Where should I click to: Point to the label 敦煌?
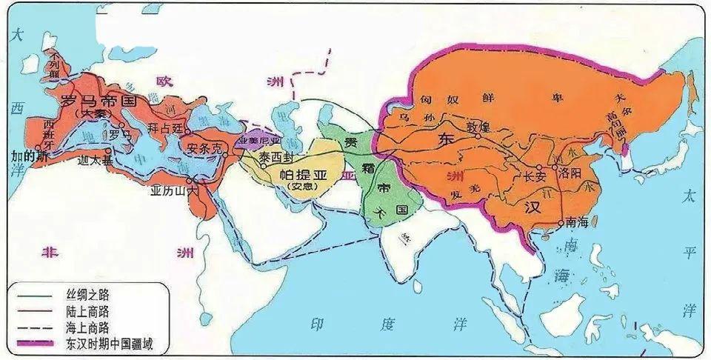(x=481, y=127)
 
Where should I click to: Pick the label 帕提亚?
(x=299, y=174)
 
